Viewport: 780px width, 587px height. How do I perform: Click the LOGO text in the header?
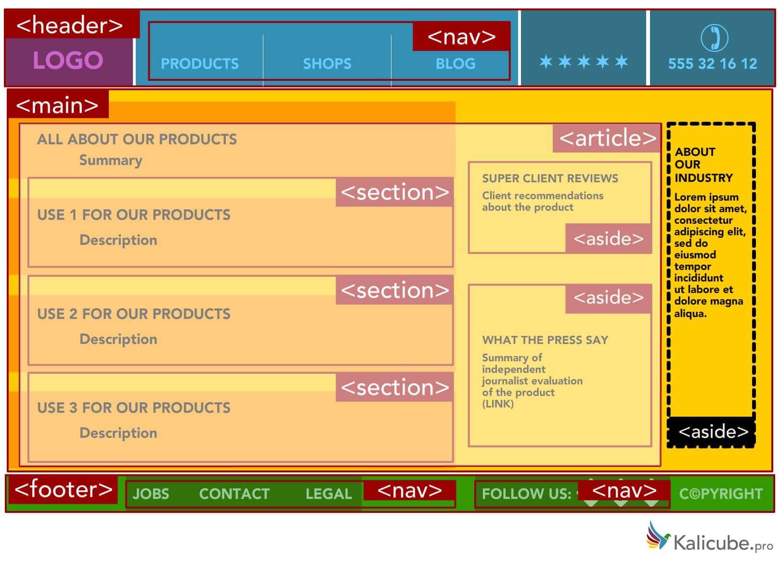tap(68, 61)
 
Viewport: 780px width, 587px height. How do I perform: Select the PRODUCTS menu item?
tap(199, 64)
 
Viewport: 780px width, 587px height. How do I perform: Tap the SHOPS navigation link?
tap(327, 64)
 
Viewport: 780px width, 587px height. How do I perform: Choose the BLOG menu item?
tap(455, 64)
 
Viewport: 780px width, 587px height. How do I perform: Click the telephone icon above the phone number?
tap(714, 38)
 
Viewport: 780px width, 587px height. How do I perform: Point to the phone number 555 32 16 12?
tap(712, 64)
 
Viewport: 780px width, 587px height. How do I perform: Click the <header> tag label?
tap(70, 25)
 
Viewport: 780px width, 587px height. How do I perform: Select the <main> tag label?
tap(57, 105)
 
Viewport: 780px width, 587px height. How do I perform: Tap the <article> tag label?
tap(607, 138)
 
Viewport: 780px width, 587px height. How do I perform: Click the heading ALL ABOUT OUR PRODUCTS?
tap(137, 139)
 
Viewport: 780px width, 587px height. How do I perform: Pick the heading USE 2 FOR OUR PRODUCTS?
tap(134, 314)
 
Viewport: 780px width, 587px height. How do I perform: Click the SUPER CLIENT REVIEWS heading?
tap(550, 179)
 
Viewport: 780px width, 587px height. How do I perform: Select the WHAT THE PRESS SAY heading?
tap(545, 340)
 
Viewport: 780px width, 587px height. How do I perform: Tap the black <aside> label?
tap(713, 432)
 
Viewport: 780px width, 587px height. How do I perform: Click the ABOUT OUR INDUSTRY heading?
tap(703, 165)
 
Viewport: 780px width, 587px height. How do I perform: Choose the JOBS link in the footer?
tap(151, 494)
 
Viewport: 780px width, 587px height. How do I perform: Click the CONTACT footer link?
tap(234, 494)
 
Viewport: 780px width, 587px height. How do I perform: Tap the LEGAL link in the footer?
tap(328, 494)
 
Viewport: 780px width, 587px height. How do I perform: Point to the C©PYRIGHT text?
tap(721, 494)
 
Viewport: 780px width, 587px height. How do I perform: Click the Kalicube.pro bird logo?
tap(658, 535)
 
